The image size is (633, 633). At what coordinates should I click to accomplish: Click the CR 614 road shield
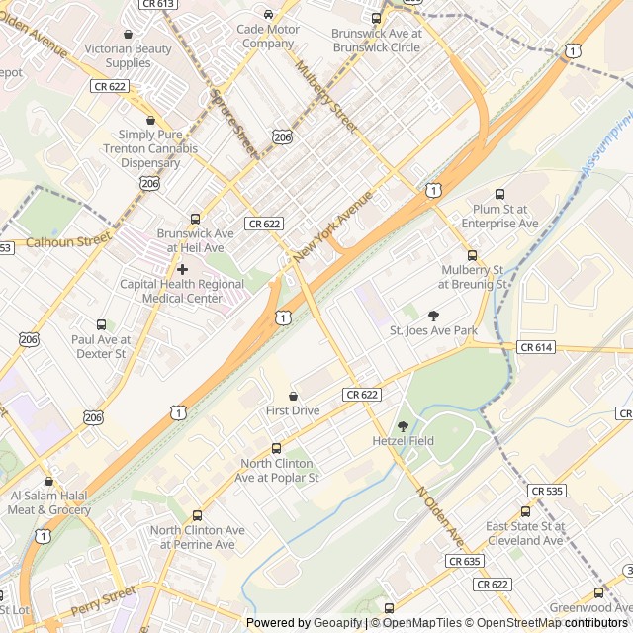tap(536, 347)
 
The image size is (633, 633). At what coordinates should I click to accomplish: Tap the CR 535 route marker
tap(547, 491)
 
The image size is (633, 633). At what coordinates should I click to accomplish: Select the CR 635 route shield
tap(464, 561)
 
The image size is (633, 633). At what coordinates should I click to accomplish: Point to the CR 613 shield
tap(158, 4)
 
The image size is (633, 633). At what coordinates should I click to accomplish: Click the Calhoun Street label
tap(66, 241)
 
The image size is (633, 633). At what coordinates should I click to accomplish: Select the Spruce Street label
tap(233, 124)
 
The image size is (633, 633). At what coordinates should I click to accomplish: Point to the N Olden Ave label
tap(439, 517)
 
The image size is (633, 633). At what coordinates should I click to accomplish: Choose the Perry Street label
tap(103, 599)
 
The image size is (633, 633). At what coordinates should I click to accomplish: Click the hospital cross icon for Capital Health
tap(182, 269)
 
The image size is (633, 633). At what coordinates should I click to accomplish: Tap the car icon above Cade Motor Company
tap(268, 14)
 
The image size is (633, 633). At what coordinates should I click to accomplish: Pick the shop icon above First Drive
tap(293, 396)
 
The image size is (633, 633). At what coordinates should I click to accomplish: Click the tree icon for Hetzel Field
tap(403, 425)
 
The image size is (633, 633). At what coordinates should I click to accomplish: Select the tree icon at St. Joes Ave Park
tap(433, 316)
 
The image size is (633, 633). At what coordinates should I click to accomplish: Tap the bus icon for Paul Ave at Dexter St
tap(101, 324)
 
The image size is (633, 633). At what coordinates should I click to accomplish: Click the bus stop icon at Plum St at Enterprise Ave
tap(499, 194)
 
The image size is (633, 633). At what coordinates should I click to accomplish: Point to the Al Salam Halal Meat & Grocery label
tap(49, 502)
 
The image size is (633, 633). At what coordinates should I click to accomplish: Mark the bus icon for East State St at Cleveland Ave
tap(525, 512)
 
